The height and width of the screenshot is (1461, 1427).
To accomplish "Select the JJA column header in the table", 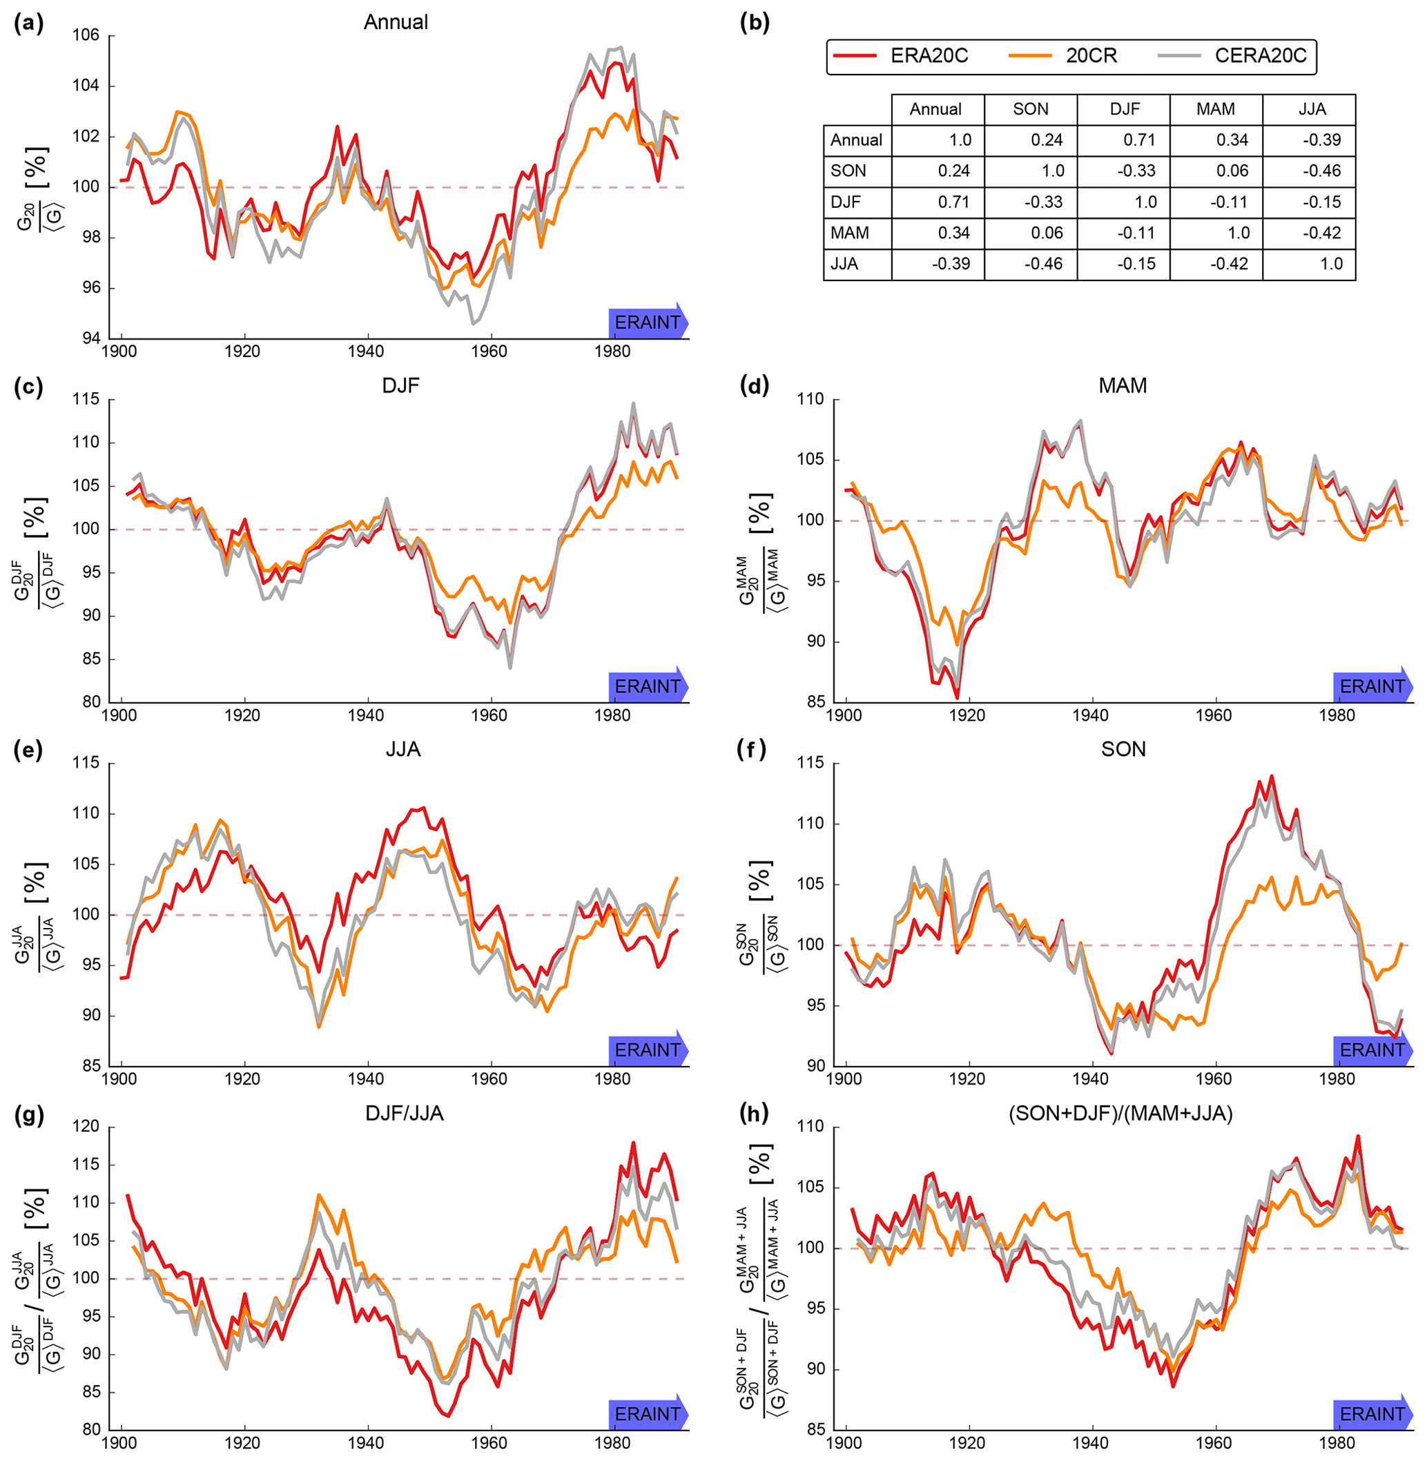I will [1312, 110].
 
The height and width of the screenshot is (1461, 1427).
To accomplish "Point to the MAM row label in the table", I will [849, 233].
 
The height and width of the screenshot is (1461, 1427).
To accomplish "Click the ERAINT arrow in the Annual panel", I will [648, 322].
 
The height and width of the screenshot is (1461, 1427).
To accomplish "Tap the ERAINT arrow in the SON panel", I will [1372, 1049].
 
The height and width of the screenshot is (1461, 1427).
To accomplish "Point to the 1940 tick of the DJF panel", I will [367, 715].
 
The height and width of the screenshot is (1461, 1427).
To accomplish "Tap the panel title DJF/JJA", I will [404, 1113].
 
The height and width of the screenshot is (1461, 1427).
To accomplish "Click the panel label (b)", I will [754, 23].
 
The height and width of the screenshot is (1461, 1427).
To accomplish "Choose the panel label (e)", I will [29, 750].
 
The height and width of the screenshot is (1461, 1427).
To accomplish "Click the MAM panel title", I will [1122, 385].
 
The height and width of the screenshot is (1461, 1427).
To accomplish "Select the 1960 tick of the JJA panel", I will [489, 1078].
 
